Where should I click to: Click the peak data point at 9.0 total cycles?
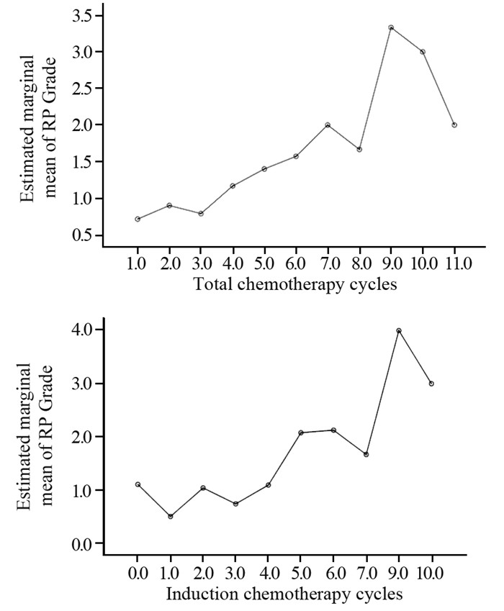391,27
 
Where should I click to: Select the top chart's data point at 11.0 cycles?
454,125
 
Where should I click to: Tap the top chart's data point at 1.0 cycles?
138,219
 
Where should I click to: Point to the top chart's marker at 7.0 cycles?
328,125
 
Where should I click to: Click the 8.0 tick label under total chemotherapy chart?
359,264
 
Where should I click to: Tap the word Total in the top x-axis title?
212,283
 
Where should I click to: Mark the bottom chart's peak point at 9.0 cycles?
399,330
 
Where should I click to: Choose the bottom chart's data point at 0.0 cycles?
138,484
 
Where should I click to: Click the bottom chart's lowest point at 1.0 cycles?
171,516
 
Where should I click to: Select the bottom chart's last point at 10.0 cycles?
431,384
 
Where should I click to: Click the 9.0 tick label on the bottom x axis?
399,574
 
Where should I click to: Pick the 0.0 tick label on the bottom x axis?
138,574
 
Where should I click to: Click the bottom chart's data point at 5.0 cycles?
301,433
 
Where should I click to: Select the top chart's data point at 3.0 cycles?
201,214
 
